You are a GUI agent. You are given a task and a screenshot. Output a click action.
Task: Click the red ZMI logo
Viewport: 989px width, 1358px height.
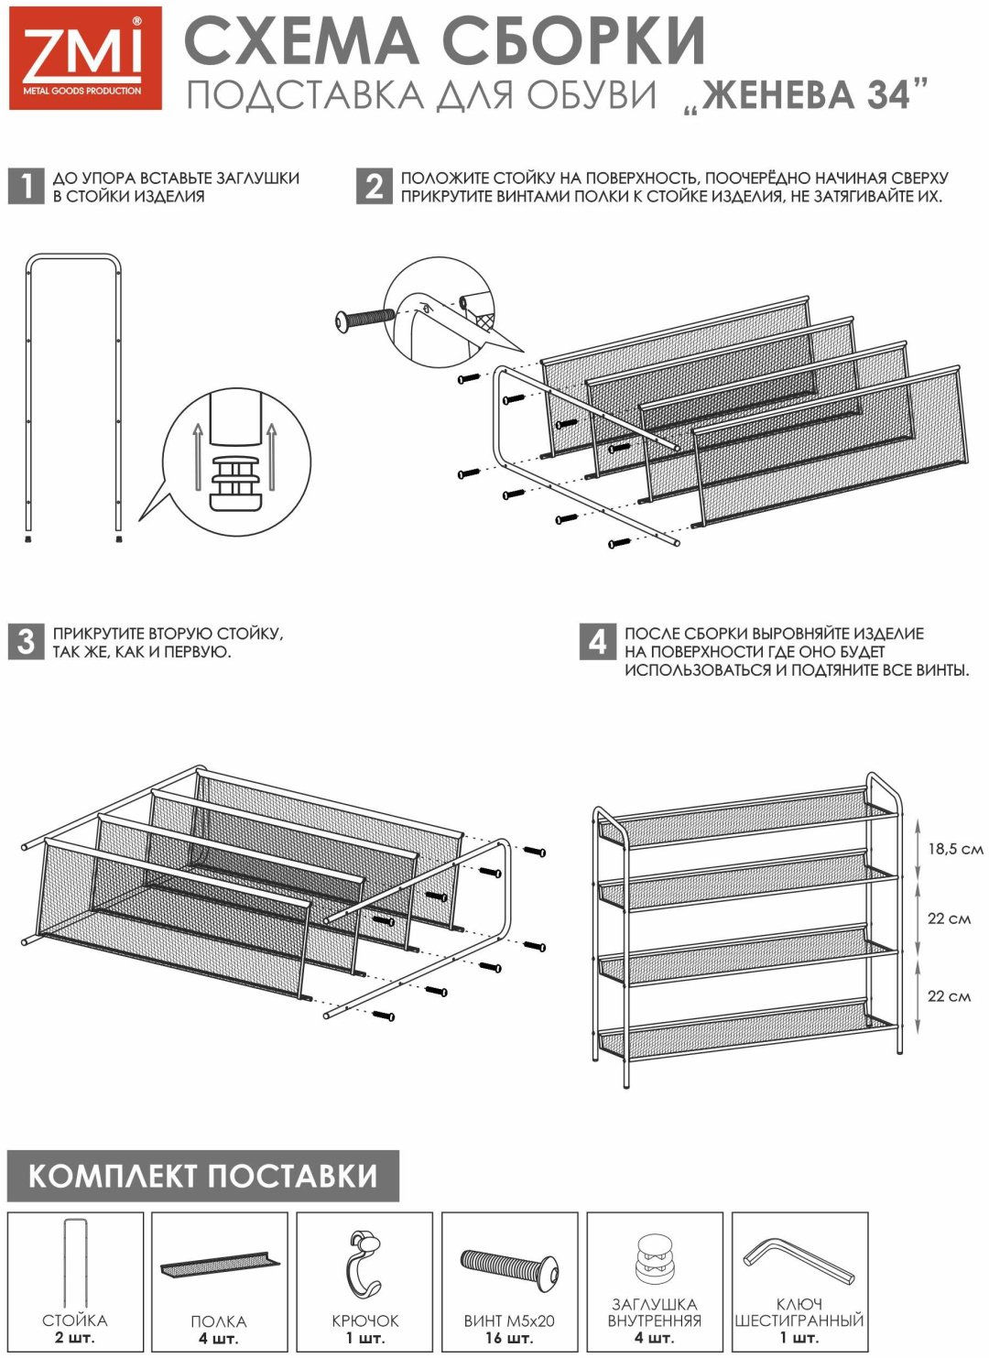[x=85, y=59]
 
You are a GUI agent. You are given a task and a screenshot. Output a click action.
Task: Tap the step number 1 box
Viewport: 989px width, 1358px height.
[x=26, y=186]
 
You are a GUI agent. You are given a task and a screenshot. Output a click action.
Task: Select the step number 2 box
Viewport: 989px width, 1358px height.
[x=375, y=186]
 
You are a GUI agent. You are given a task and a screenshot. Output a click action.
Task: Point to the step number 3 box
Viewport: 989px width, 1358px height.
[x=26, y=642]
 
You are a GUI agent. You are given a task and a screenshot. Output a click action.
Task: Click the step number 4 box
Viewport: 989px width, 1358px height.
[x=597, y=642]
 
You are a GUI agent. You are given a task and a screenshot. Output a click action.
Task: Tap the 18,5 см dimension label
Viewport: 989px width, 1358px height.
[x=955, y=849]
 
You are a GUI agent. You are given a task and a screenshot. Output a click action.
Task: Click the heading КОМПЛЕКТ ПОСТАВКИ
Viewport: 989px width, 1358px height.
[x=203, y=1176]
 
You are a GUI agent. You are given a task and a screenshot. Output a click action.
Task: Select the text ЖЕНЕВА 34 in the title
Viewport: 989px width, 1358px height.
[x=806, y=94]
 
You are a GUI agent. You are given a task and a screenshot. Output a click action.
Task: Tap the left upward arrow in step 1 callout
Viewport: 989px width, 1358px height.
[x=198, y=457]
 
